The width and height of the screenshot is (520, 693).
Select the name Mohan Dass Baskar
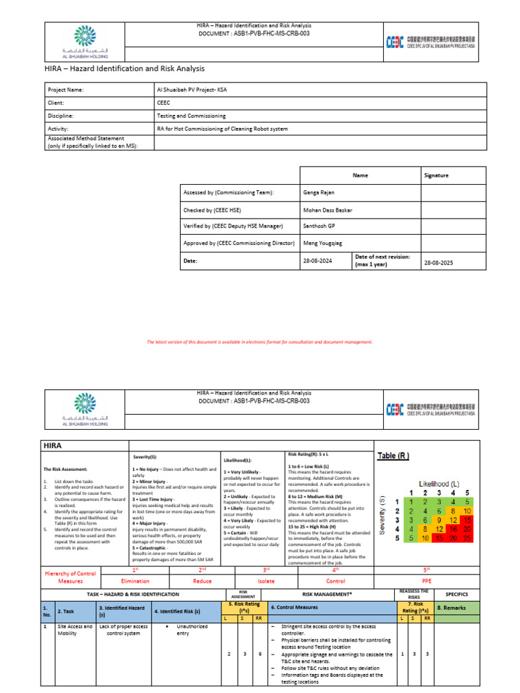tap(326, 210)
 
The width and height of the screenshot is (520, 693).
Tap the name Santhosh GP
tap(318, 226)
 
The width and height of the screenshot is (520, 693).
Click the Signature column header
tap(436, 175)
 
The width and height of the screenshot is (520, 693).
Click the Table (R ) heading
tap(393, 455)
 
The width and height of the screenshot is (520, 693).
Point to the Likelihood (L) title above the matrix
tap(439, 484)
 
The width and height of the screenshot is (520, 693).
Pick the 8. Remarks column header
tap(451, 608)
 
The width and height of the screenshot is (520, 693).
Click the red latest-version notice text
tap(259, 342)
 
